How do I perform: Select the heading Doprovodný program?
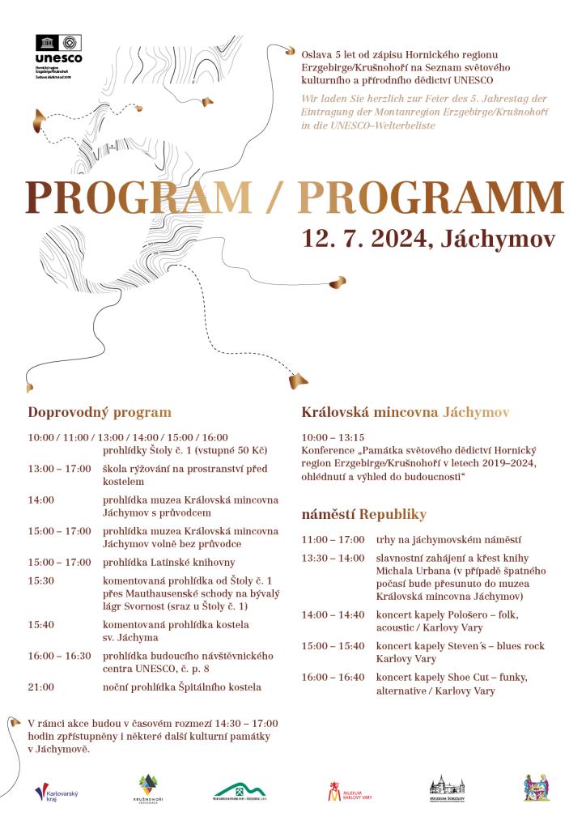(x=100, y=411)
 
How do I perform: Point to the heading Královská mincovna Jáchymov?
(x=406, y=411)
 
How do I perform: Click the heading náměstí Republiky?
(x=363, y=515)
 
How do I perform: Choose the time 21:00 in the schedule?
(x=41, y=687)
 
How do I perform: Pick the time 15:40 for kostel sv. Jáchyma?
(x=41, y=625)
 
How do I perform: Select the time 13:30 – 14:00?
(x=333, y=559)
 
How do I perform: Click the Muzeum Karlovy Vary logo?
(x=350, y=791)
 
